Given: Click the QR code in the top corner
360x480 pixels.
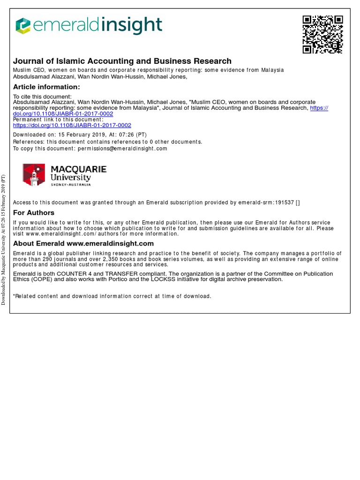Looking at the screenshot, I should coord(322,34).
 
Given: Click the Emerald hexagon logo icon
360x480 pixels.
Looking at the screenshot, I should coord(23,26).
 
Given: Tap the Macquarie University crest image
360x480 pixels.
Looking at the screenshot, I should coord(34,174).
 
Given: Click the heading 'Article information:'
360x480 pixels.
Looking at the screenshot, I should coord(46,87).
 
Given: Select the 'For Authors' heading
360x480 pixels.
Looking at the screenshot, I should coord(34,213).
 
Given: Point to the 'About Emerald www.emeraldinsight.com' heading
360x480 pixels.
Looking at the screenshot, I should coord(83,243).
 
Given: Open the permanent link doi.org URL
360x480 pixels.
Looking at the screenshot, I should coord(72,125).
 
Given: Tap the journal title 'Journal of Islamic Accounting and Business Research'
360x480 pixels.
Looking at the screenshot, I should coord(122,61).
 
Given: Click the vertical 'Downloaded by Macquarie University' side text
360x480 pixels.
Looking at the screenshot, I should coord(4,240).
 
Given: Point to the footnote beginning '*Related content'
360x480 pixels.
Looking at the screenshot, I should coord(112,296).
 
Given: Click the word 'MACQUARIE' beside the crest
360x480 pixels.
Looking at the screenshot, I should coord(78,169).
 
